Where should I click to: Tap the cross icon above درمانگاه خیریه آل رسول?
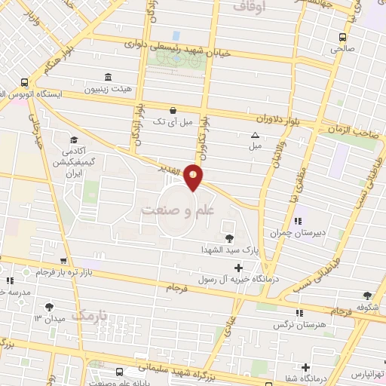pyautogui.click(x=239, y=267)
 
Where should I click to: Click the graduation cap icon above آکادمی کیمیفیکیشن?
pyautogui.click(x=74, y=139)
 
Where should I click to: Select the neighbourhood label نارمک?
pyautogui.click(x=92, y=312)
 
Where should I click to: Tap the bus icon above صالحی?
pyautogui.click(x=343, y=36)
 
